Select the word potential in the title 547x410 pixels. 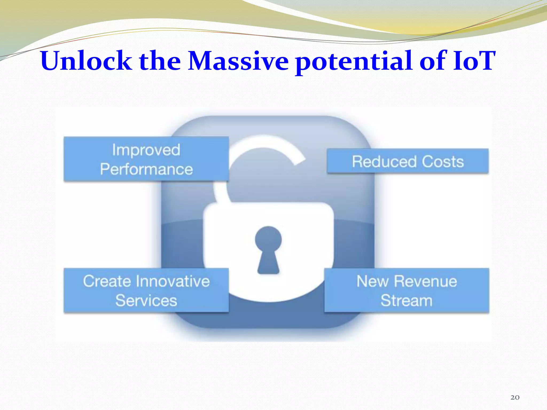[x=355, y=62]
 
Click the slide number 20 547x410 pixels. [x=515, y=397]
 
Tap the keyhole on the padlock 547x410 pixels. [x=268, y=248]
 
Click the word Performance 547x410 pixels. [x=146, y=169]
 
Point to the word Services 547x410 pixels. [x=146, y=301]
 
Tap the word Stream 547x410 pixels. [x=406, y=301]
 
